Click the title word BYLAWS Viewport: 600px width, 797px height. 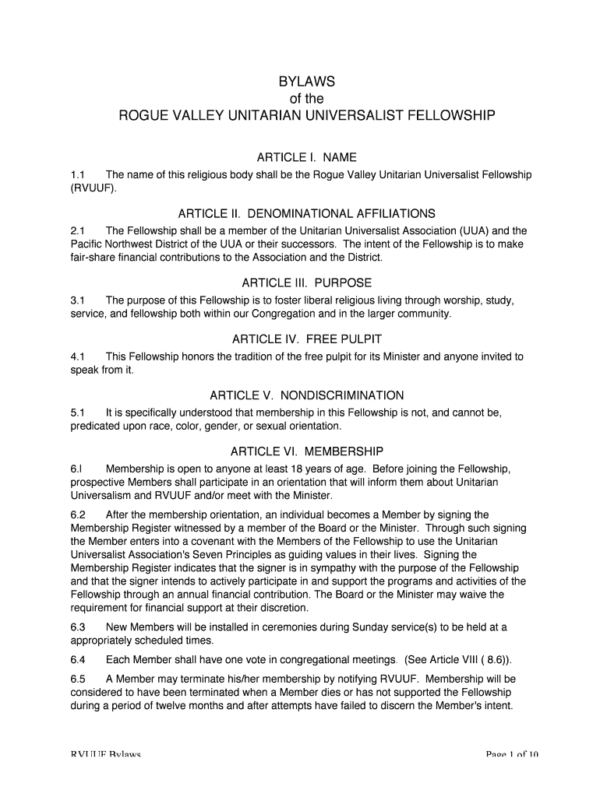pyautogui.click(x=306, y=83)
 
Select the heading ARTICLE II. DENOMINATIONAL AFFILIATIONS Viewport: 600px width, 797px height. pyautogui.click(x=306, y=213)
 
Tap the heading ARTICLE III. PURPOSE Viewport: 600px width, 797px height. pyautogui.click(x=306, y=283)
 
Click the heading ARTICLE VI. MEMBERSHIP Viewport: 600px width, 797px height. pyautogui.click(x=306, y=451)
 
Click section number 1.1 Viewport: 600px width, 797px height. pyautogui.click(x=77, y=175)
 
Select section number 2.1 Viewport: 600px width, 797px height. pyautogui.click(x=77, y=231)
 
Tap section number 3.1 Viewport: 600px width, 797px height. pyautogui.click(x=77, y=300)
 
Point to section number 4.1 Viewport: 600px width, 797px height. pyautogui.click(x=77, y=356)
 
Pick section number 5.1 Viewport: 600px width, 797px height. pyautogui.click(x=77, y=413)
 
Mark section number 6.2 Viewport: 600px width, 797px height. pyautogui.click(x=77, y=514)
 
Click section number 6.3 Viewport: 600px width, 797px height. pyautogui.click(x=77, y=627)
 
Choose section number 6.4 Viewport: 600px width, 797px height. pyautogui.click(x=77, y=660)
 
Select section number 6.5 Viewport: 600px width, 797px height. pyautogui.click(x=77, y=678)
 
